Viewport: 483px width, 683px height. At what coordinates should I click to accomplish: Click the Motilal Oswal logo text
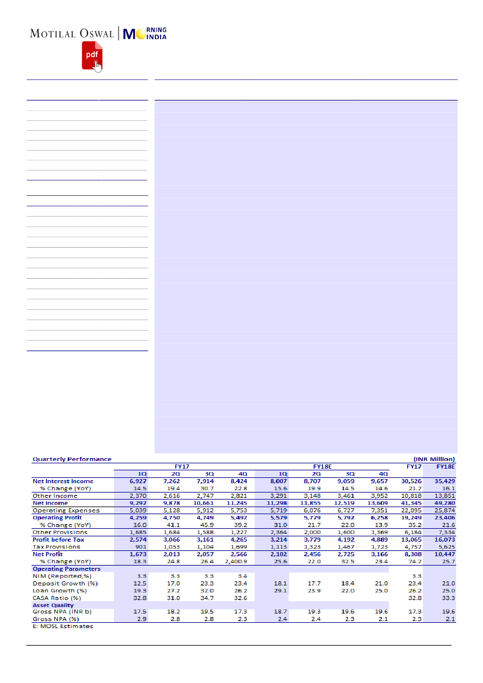pos(72,34)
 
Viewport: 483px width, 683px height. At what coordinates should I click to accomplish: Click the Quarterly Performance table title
pos(72,459)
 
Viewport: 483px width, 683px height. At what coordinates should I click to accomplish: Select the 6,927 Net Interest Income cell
pos(138,481)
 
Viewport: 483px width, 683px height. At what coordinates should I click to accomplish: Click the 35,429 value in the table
pos(444,481)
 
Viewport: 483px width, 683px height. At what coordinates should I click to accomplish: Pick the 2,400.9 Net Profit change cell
pos(237,561)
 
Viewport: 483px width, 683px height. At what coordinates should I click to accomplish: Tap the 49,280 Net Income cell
pos(444,503)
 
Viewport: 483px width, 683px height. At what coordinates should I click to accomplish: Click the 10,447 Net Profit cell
pos(444,554)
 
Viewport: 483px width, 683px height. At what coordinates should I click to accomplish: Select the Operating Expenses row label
pos(66,510)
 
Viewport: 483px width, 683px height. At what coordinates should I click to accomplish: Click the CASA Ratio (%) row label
pos(57,598)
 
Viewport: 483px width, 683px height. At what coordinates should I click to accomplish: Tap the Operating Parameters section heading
pos(66,568)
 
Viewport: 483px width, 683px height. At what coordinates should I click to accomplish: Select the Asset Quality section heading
pos(53,605)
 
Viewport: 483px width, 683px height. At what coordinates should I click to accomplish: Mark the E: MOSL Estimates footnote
pos(62,626)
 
